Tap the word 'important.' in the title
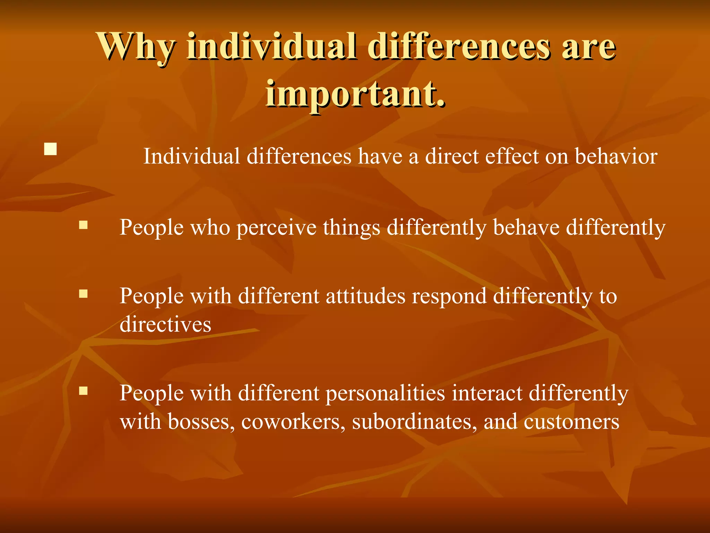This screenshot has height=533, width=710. pyautogui.click(x=355, y=94)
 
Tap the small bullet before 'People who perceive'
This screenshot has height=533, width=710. pyautogui.click(x=83, y=226)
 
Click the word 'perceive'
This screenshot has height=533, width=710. pyautogui.click(x=276, y=228)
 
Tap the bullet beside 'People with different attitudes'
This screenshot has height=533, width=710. pyautogui.click(x=83, y=294)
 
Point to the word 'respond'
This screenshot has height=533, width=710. pyautogui.click(x=449, y=297)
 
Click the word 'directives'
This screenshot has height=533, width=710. pyautogui.click(x=165, y=324)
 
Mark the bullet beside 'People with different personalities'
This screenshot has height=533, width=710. pyautogui.click(x=83, y=391)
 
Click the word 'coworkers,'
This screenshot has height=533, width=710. pyautogui.click(x=293, y=422)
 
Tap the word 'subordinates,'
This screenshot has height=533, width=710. pyautogui.click(x=415, y=422)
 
